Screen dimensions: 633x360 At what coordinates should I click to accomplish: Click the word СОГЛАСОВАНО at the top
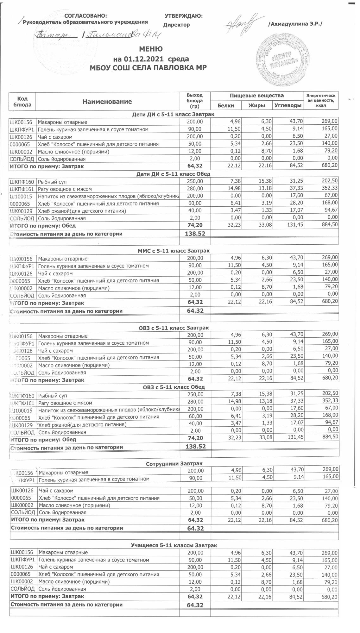(85, 16)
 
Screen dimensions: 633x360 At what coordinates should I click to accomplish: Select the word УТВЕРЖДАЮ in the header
(184, 16)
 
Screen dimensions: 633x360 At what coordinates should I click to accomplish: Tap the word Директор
(177, 25)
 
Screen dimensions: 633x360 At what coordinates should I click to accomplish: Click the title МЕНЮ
(151, 49)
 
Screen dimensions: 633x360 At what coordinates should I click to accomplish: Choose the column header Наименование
(107, 102)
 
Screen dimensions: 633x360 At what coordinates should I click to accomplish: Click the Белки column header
(226, 105)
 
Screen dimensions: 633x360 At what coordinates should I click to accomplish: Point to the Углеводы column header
(287, 105)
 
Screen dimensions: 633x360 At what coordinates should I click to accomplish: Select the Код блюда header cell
(22, 102)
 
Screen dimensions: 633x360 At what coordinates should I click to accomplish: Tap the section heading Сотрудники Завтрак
(174, 464)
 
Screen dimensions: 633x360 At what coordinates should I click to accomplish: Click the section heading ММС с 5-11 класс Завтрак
(174, 251)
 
